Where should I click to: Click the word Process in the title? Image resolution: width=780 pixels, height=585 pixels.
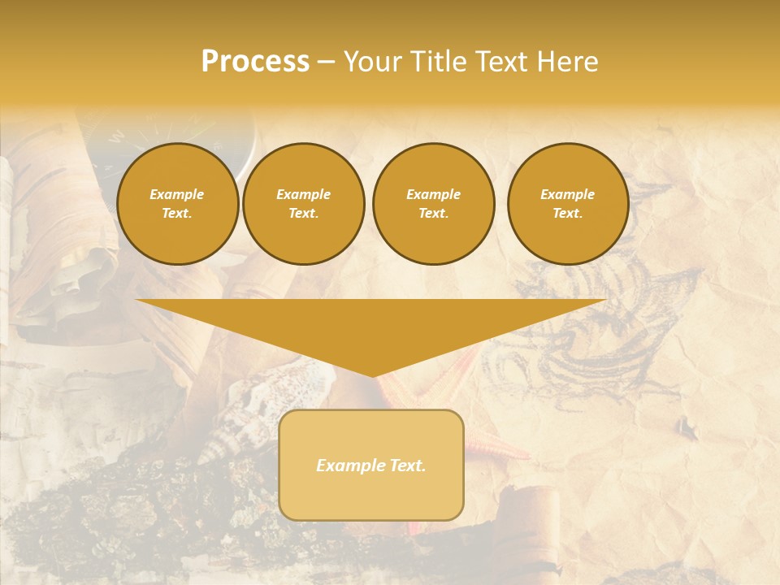point(255,62)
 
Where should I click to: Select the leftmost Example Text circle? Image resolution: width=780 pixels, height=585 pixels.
point(177,204)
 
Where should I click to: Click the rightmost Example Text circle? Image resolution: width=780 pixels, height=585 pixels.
point(568,204)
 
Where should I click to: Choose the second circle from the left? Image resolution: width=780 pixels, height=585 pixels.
point(304,204)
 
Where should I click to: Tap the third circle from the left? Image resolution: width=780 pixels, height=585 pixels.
point(434,204)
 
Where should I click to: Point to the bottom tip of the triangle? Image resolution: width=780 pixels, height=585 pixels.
point(372,375)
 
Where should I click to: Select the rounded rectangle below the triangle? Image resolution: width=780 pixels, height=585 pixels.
point(371,465)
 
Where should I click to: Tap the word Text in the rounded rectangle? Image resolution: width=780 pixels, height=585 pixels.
point(408,466)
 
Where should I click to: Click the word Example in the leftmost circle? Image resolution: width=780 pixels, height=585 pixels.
point(177,194)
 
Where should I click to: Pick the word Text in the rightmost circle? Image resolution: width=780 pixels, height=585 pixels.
point(568,214)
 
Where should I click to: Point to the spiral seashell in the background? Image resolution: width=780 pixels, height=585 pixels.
point(244,422)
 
